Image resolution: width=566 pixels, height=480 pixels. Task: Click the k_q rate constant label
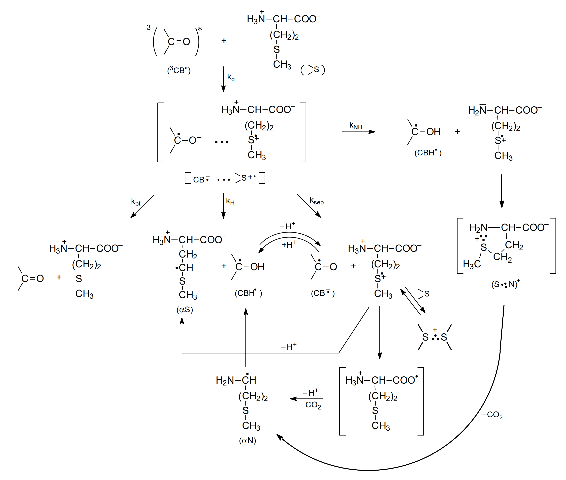tap(231, 78)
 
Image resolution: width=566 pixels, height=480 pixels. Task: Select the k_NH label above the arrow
tap(356, 126)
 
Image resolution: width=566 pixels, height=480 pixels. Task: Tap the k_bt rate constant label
tap(136, 202)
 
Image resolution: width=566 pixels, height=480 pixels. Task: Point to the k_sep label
tap(316, 201)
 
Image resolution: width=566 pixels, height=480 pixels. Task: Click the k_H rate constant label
tap(230, 201)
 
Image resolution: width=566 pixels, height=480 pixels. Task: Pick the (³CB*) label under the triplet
tap(179, 70)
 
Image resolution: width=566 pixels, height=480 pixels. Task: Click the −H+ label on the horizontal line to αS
tap(289, 347)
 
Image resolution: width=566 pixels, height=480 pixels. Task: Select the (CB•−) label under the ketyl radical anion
tap(323, 293)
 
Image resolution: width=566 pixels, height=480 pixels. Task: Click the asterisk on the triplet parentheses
tap(200, 29)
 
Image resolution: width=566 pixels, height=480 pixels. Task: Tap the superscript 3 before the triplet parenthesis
tap(148, 27)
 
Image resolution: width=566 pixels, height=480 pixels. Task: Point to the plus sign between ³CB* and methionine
tap(224, 41)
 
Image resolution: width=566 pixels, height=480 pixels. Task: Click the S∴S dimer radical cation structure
tap(435, 337)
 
